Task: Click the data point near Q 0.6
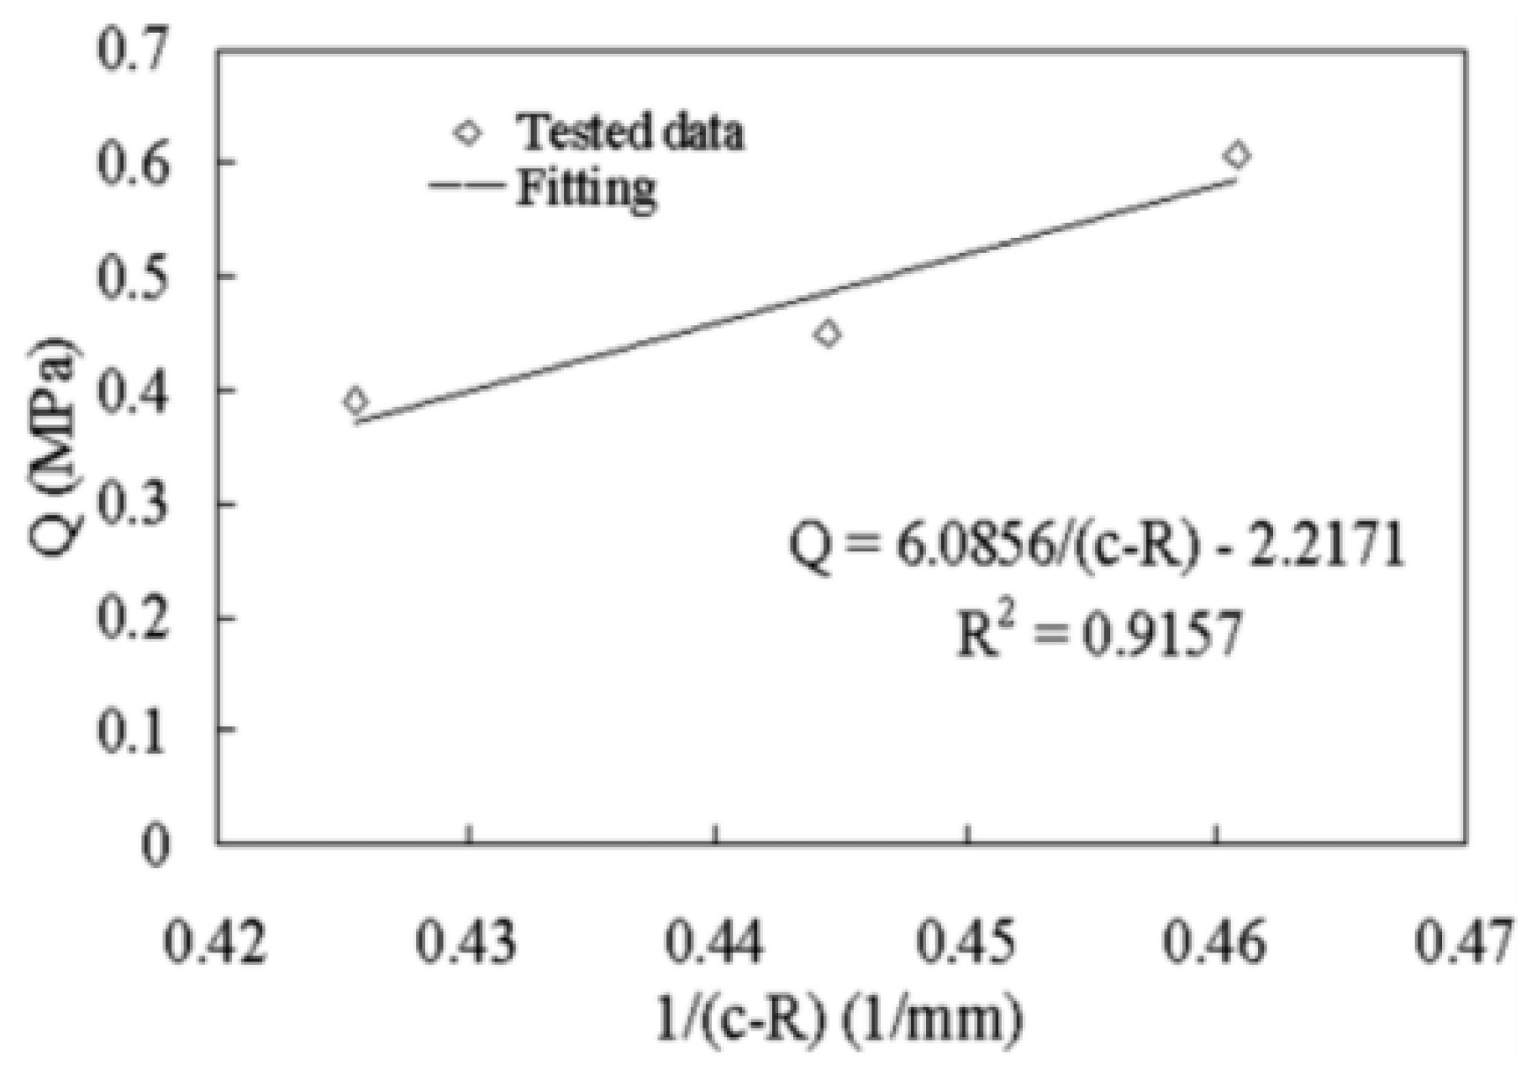coord(1236,155)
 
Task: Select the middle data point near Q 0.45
coord(828,334)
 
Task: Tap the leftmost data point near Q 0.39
coord(355,401)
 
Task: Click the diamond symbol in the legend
coord(468,133)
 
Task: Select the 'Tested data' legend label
coord(629,133)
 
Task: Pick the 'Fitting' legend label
coord(586,188)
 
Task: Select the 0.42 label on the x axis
coord(215,941)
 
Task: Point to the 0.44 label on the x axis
coord(714,941)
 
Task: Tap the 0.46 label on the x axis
coord(1213,941)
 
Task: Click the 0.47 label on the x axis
coord(1464,941)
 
